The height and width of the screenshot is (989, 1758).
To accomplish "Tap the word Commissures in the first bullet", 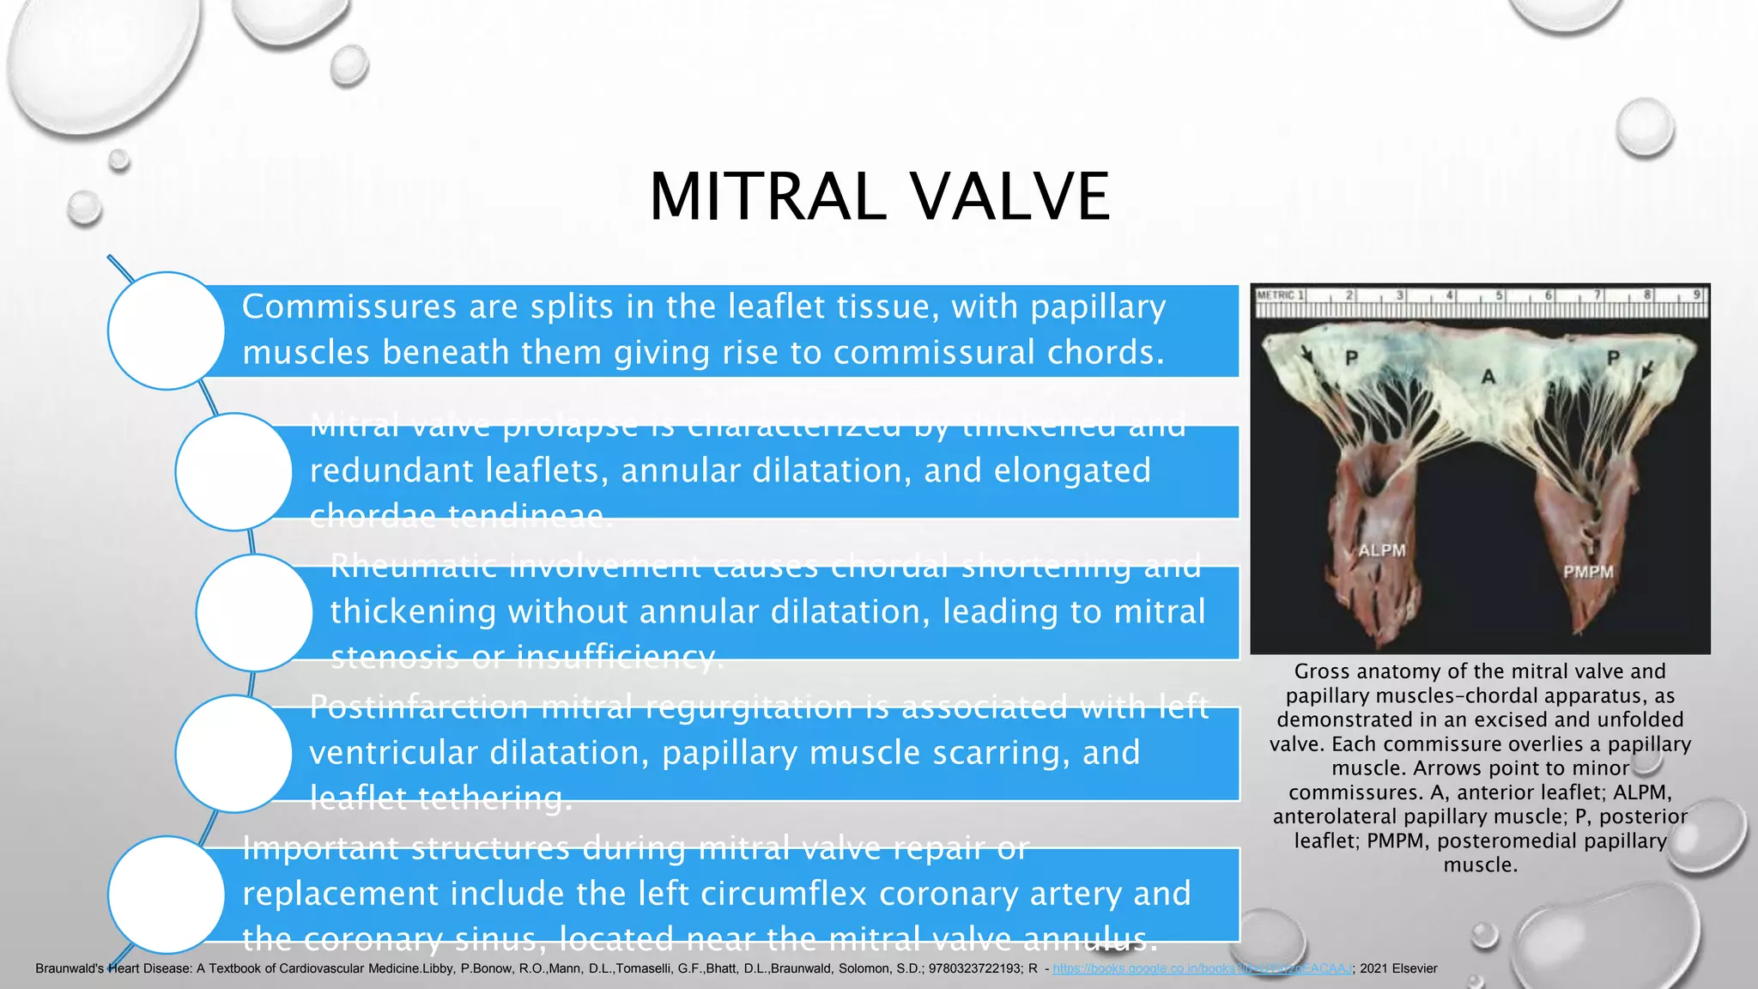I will coord(349,306).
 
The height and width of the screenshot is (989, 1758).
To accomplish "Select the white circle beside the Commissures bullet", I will coord(167,331).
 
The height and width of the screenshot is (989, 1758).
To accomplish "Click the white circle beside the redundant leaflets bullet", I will coord(233,471).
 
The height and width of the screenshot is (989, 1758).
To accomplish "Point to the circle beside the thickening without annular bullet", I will coord(254,612).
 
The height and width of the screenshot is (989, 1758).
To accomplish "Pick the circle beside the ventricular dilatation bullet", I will coord(233,753).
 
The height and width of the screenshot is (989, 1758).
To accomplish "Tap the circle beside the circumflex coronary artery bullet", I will coord(167,894).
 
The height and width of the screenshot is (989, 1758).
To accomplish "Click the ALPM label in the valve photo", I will coord(1382,550).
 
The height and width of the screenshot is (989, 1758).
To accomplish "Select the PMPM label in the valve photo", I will coord(1588,572).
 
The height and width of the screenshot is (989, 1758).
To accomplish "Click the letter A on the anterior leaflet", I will coord(1488,377).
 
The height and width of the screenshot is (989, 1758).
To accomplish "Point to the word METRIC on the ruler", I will coord(1276,295).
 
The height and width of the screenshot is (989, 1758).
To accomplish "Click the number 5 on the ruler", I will coord(1500,295).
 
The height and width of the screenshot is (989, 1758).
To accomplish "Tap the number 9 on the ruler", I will coord(1696,295).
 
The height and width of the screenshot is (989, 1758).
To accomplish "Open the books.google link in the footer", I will coord(1202,968).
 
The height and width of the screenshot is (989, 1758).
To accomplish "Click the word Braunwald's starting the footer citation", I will coord(70,968).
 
